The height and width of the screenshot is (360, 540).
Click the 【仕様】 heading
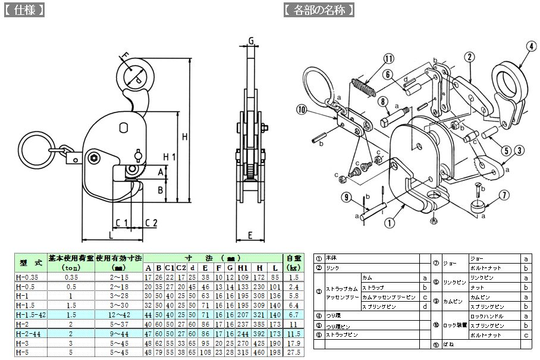coord(24,11)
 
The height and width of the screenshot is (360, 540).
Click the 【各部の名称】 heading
coord(319,11)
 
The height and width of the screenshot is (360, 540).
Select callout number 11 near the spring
coord(388,58)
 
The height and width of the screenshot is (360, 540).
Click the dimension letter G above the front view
coord(252,40)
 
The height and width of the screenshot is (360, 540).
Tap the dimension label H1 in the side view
coord(169,157)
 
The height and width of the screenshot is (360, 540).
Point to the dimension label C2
coord(151,223)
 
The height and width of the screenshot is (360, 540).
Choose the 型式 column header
coord(30,262)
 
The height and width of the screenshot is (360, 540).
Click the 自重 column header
coord(292,262)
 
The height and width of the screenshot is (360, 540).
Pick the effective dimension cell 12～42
coord(118,315)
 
